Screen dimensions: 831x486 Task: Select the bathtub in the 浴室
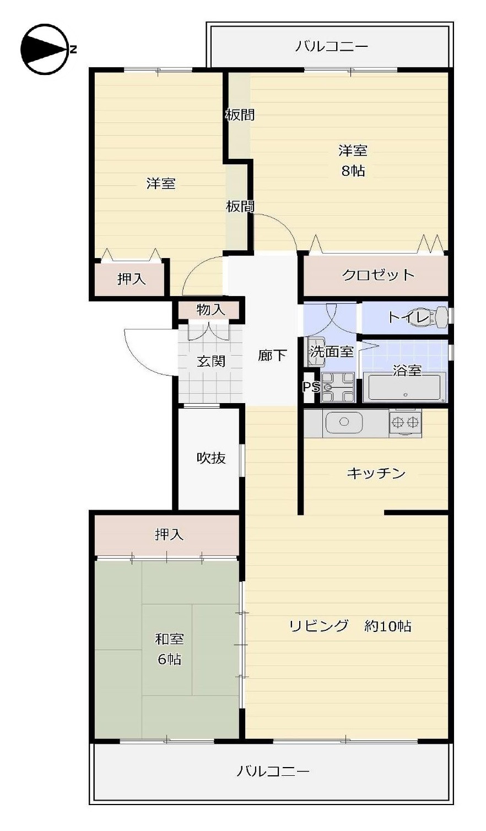(404, 388)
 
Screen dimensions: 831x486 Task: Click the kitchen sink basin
(344, 422)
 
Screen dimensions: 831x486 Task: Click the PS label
(311, 387)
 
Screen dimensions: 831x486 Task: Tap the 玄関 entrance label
(211, 362)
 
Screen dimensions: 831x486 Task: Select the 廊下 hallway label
(272, 356)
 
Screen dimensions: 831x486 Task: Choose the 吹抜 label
(211, 458)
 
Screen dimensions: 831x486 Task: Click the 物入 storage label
(210, 310)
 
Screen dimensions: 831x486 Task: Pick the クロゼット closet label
(378, 275)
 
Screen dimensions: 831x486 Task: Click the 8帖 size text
(353, 170)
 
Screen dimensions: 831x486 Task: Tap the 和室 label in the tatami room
(169, 639)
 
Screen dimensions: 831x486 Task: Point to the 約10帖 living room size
(387, 626)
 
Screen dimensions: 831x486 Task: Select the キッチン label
(376, 473)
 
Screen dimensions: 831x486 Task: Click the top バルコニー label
(331, 46)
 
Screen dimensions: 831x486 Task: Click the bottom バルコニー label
(273, 771)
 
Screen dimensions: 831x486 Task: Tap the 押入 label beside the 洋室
(131, 279)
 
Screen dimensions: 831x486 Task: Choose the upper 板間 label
(240, 115)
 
